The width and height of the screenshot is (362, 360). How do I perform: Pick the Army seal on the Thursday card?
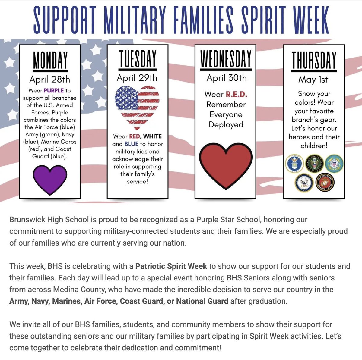click(314, 164)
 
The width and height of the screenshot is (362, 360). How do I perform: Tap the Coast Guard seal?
click(334, 164)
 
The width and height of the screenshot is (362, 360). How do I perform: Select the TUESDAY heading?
click(138, 59)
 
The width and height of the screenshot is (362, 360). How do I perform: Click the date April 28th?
click(50, 79)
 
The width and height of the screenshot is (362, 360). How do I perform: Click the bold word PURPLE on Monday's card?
click(54, 90)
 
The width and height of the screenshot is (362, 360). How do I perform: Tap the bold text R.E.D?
click(237, 94)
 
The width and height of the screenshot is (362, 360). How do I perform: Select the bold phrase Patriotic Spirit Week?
click(171, 266)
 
